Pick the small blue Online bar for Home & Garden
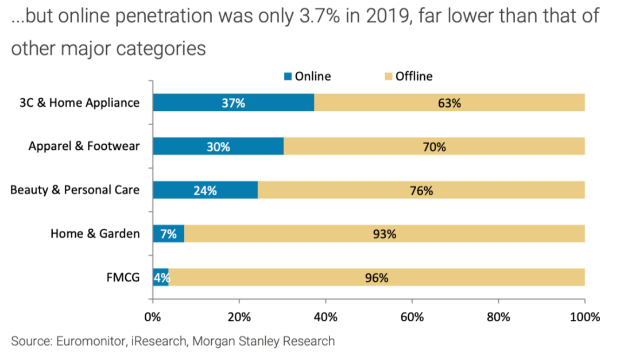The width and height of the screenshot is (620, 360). pos(168,234)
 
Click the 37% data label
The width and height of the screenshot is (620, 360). pos(233,103)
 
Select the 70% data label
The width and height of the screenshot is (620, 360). pos(434,147)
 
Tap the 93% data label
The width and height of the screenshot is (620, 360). pos(384,234)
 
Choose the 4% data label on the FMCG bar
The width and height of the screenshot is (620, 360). pos(160,278)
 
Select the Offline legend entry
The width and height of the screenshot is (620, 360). pos(413,76)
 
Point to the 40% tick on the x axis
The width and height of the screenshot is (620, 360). pos(325,316)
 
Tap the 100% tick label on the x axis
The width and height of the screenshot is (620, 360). pos(584,316)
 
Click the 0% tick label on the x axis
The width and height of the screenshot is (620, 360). pos(153,316)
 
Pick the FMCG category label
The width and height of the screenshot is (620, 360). pos(123,278)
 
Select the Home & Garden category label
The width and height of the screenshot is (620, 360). pos(95,234)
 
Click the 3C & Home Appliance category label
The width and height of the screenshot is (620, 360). pos(79,103)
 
